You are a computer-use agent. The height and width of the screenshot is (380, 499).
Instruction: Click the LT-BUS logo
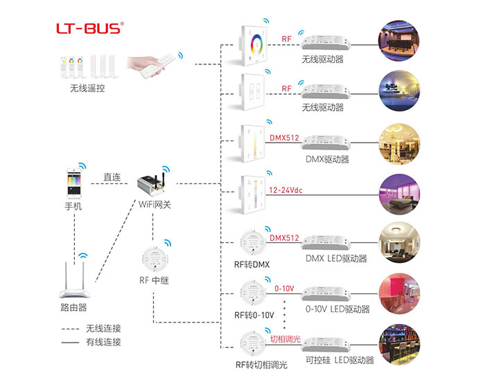(x=90, y=28)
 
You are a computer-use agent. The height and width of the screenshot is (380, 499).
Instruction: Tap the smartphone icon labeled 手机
(x=73, y=182)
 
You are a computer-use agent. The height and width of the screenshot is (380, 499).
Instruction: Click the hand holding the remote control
(x=152, y=64)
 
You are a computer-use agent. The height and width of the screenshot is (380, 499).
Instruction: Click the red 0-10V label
(x=285, y=287)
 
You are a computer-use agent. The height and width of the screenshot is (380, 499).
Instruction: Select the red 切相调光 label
(x=285, y=338)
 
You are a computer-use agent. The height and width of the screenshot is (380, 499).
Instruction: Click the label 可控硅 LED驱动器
(x=340, y=360)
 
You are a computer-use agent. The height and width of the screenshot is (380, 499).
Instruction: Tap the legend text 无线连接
(x=103, y=328)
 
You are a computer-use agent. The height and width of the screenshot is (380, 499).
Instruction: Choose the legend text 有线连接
(x=103, y=342)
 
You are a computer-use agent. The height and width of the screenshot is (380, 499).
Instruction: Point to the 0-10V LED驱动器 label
(x=337, y=309)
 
